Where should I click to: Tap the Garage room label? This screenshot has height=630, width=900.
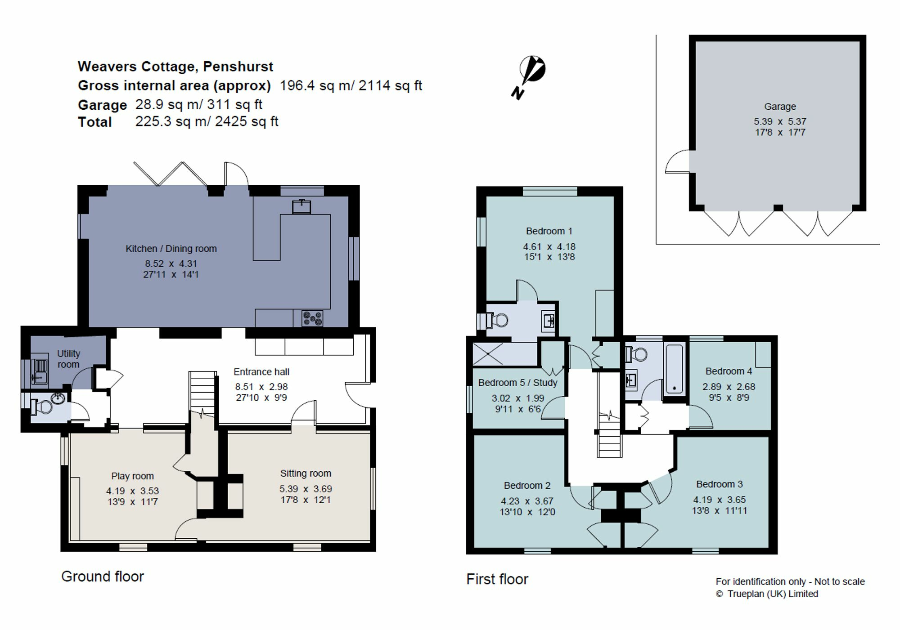tap(780, 107)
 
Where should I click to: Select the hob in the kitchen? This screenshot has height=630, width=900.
tap(312, 318)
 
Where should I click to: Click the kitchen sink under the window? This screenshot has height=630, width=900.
tap(301, 206)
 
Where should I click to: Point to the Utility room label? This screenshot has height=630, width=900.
tap(68, 359)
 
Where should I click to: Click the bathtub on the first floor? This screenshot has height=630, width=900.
tap(674, 369)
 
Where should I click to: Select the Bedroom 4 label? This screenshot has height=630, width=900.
tap(729, 371)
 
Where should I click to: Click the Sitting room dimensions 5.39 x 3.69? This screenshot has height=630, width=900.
tap(306, 488)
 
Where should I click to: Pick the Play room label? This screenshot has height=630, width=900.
tap(132, 476)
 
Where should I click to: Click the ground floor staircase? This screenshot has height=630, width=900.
tap(202, 393)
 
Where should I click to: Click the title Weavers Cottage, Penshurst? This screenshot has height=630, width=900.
tap(175, 67)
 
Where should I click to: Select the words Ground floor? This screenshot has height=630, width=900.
tap(103, 576)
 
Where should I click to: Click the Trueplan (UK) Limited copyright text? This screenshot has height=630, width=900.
tap(767, 594)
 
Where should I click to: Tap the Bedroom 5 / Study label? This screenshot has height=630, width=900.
tap(517, 383)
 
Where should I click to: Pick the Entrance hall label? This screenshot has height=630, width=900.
tap(261, 372)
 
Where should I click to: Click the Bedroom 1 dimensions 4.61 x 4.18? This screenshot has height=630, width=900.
tap(549, 246)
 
